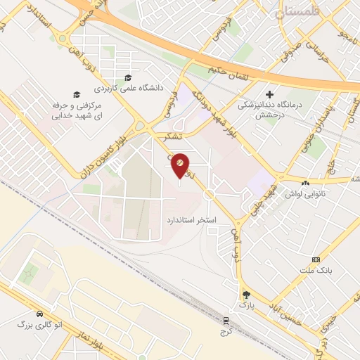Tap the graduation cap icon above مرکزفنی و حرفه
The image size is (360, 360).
[77, 94]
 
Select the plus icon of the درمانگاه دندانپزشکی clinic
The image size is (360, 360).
[269, 94]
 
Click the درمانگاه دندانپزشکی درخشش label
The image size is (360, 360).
[270, 109]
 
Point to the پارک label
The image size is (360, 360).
[246, 306]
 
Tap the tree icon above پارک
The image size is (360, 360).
[245, 294]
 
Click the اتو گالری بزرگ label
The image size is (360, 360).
[39, 324]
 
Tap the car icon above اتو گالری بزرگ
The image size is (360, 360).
[39, 313]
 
